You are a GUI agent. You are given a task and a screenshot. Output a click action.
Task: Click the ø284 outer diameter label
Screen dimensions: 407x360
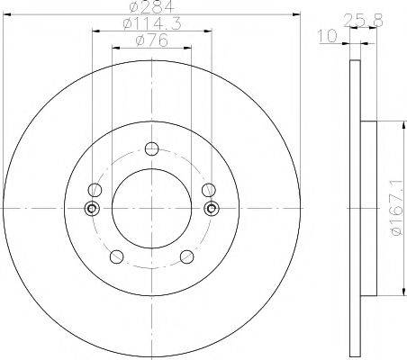(x=152, y=6)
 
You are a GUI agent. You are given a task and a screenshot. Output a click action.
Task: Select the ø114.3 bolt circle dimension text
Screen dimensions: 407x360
(x=152, y=23)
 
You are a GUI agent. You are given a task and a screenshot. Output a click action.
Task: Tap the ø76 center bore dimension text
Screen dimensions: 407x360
(x=152, y=40)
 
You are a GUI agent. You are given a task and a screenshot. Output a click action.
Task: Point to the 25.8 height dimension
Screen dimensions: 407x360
(x=363, y=21)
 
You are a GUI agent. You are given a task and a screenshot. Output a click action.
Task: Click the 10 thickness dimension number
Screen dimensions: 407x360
(x=327, y=36)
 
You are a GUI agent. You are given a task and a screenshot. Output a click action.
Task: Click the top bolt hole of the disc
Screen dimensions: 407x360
(x=151, y=148)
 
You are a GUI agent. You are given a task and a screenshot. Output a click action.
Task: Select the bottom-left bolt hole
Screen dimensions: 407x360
(x=117, y=256)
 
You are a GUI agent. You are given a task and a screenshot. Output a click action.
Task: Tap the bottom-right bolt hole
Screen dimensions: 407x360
(x=186, y=256)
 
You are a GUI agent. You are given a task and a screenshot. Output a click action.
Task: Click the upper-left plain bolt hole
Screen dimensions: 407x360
(x=95, y=190)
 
